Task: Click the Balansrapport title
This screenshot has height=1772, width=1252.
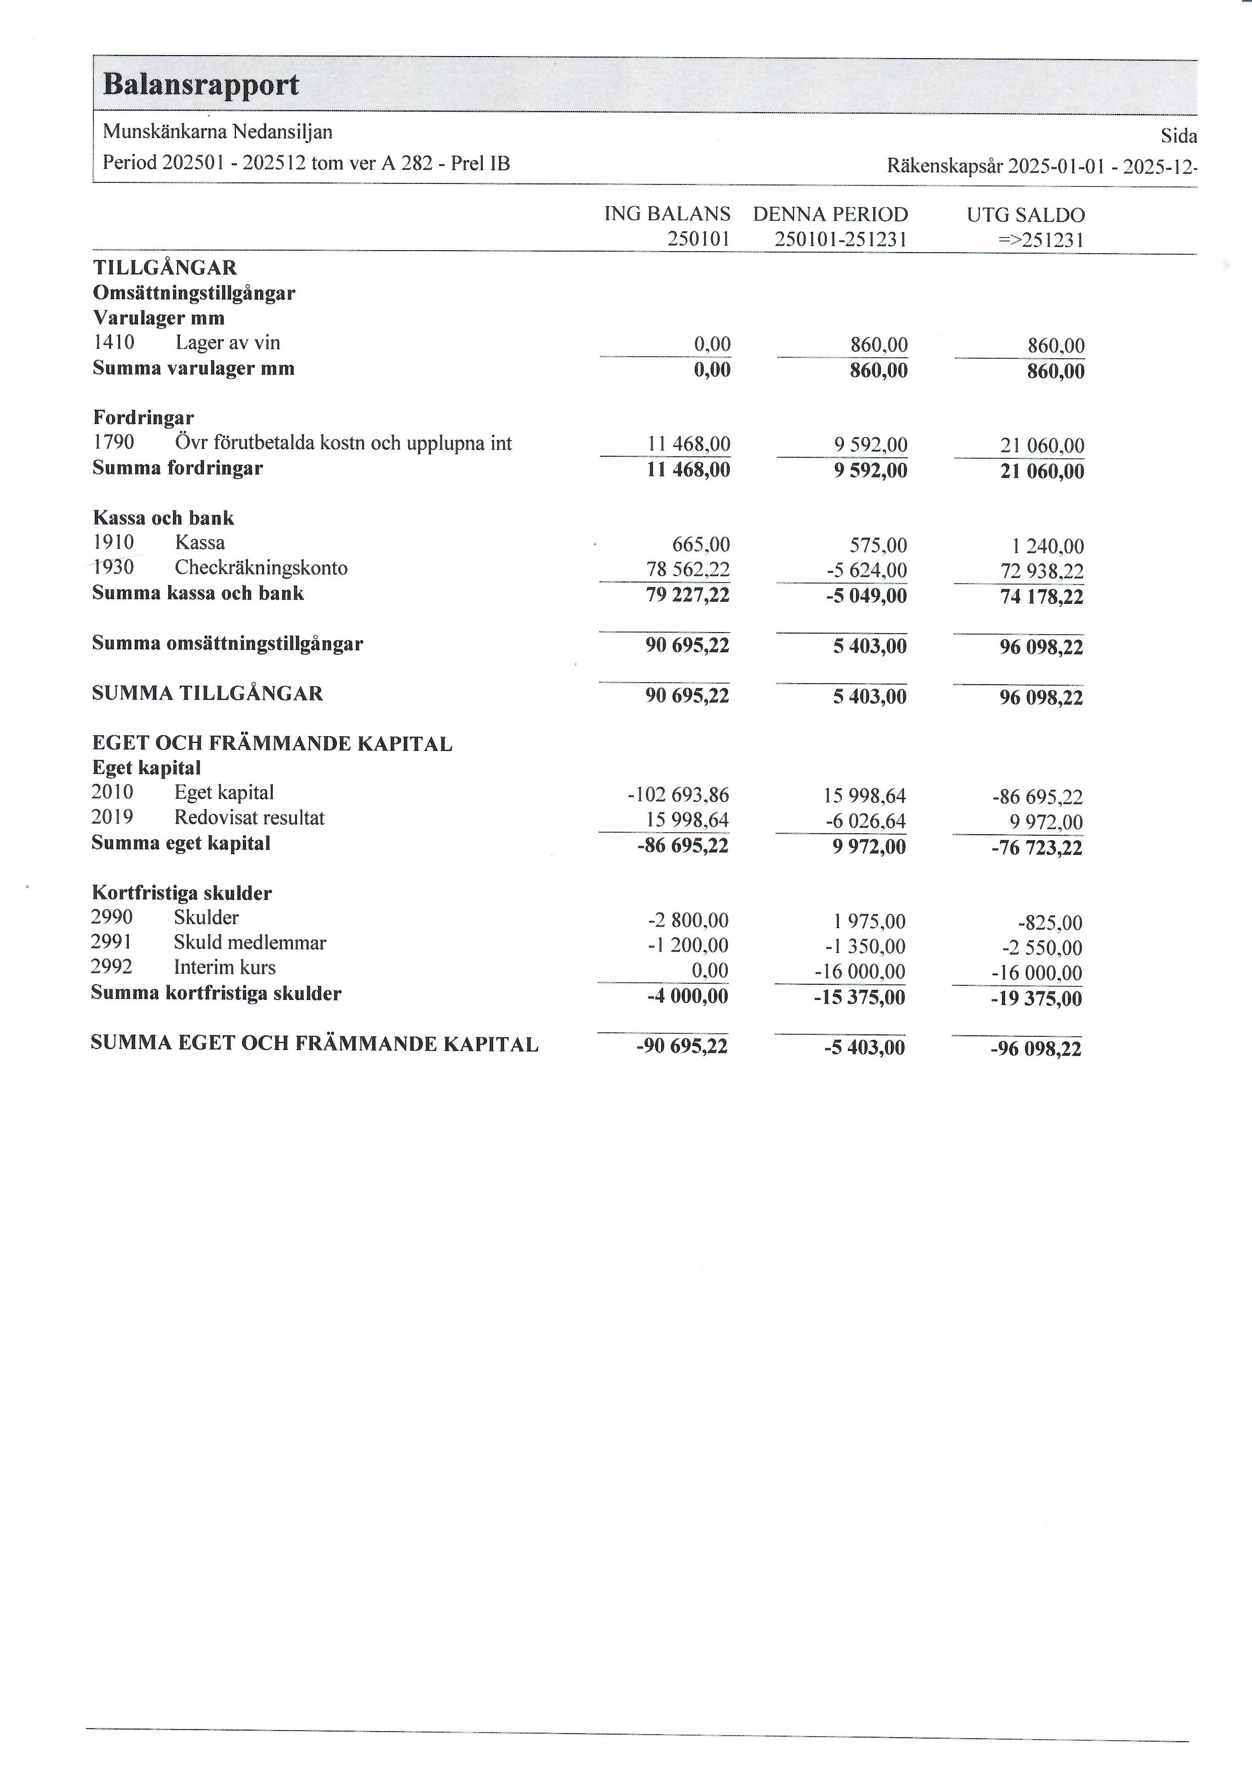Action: point(201,84)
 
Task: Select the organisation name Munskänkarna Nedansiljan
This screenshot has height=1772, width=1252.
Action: point(218,132)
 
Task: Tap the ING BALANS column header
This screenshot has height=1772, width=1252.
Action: point(667,214)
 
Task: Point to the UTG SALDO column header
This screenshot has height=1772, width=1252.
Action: point(1025,215)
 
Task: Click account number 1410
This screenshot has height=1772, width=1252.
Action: point(114,343)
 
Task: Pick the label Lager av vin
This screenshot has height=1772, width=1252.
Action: point(228,343)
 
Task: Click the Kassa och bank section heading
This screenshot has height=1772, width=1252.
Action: point(163,518)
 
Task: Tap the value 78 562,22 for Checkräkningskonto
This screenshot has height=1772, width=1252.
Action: point(687,569)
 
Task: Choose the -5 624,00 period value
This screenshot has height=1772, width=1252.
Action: point(866,570)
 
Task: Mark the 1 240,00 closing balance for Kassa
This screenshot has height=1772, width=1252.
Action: point(1047,546)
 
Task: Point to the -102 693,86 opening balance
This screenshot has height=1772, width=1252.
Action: point(678,795)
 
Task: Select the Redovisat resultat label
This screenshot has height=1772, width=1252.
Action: point(249,818)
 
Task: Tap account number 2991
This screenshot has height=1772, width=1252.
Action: point(111,942)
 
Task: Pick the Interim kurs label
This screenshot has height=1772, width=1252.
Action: point(224,967)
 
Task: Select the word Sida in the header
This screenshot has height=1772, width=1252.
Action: point(1178,136)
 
